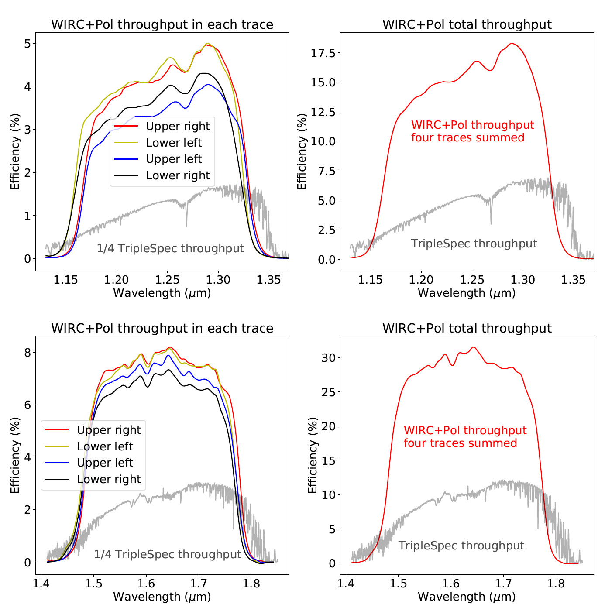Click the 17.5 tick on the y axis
(323, 53)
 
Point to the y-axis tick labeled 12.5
(323, 112)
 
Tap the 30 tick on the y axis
(328, 358)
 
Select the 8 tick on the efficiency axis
(27, 352)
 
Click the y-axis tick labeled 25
(328, 392)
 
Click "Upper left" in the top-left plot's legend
(174, 159)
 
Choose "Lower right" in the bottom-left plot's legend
(109, 479)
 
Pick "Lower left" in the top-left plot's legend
(174, 143)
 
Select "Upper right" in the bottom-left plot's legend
(109, 430)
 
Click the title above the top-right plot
(467, 24)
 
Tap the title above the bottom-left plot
(162, 328)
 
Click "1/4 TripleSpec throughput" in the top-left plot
(170, 248)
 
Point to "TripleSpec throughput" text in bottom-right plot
(461, 546)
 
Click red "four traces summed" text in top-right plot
(467, 137)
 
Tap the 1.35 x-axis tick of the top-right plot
(573, 280)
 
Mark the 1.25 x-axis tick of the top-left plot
(167, 280)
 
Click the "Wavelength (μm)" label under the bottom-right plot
(467, 597)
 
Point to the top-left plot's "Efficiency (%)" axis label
(15, 151)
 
